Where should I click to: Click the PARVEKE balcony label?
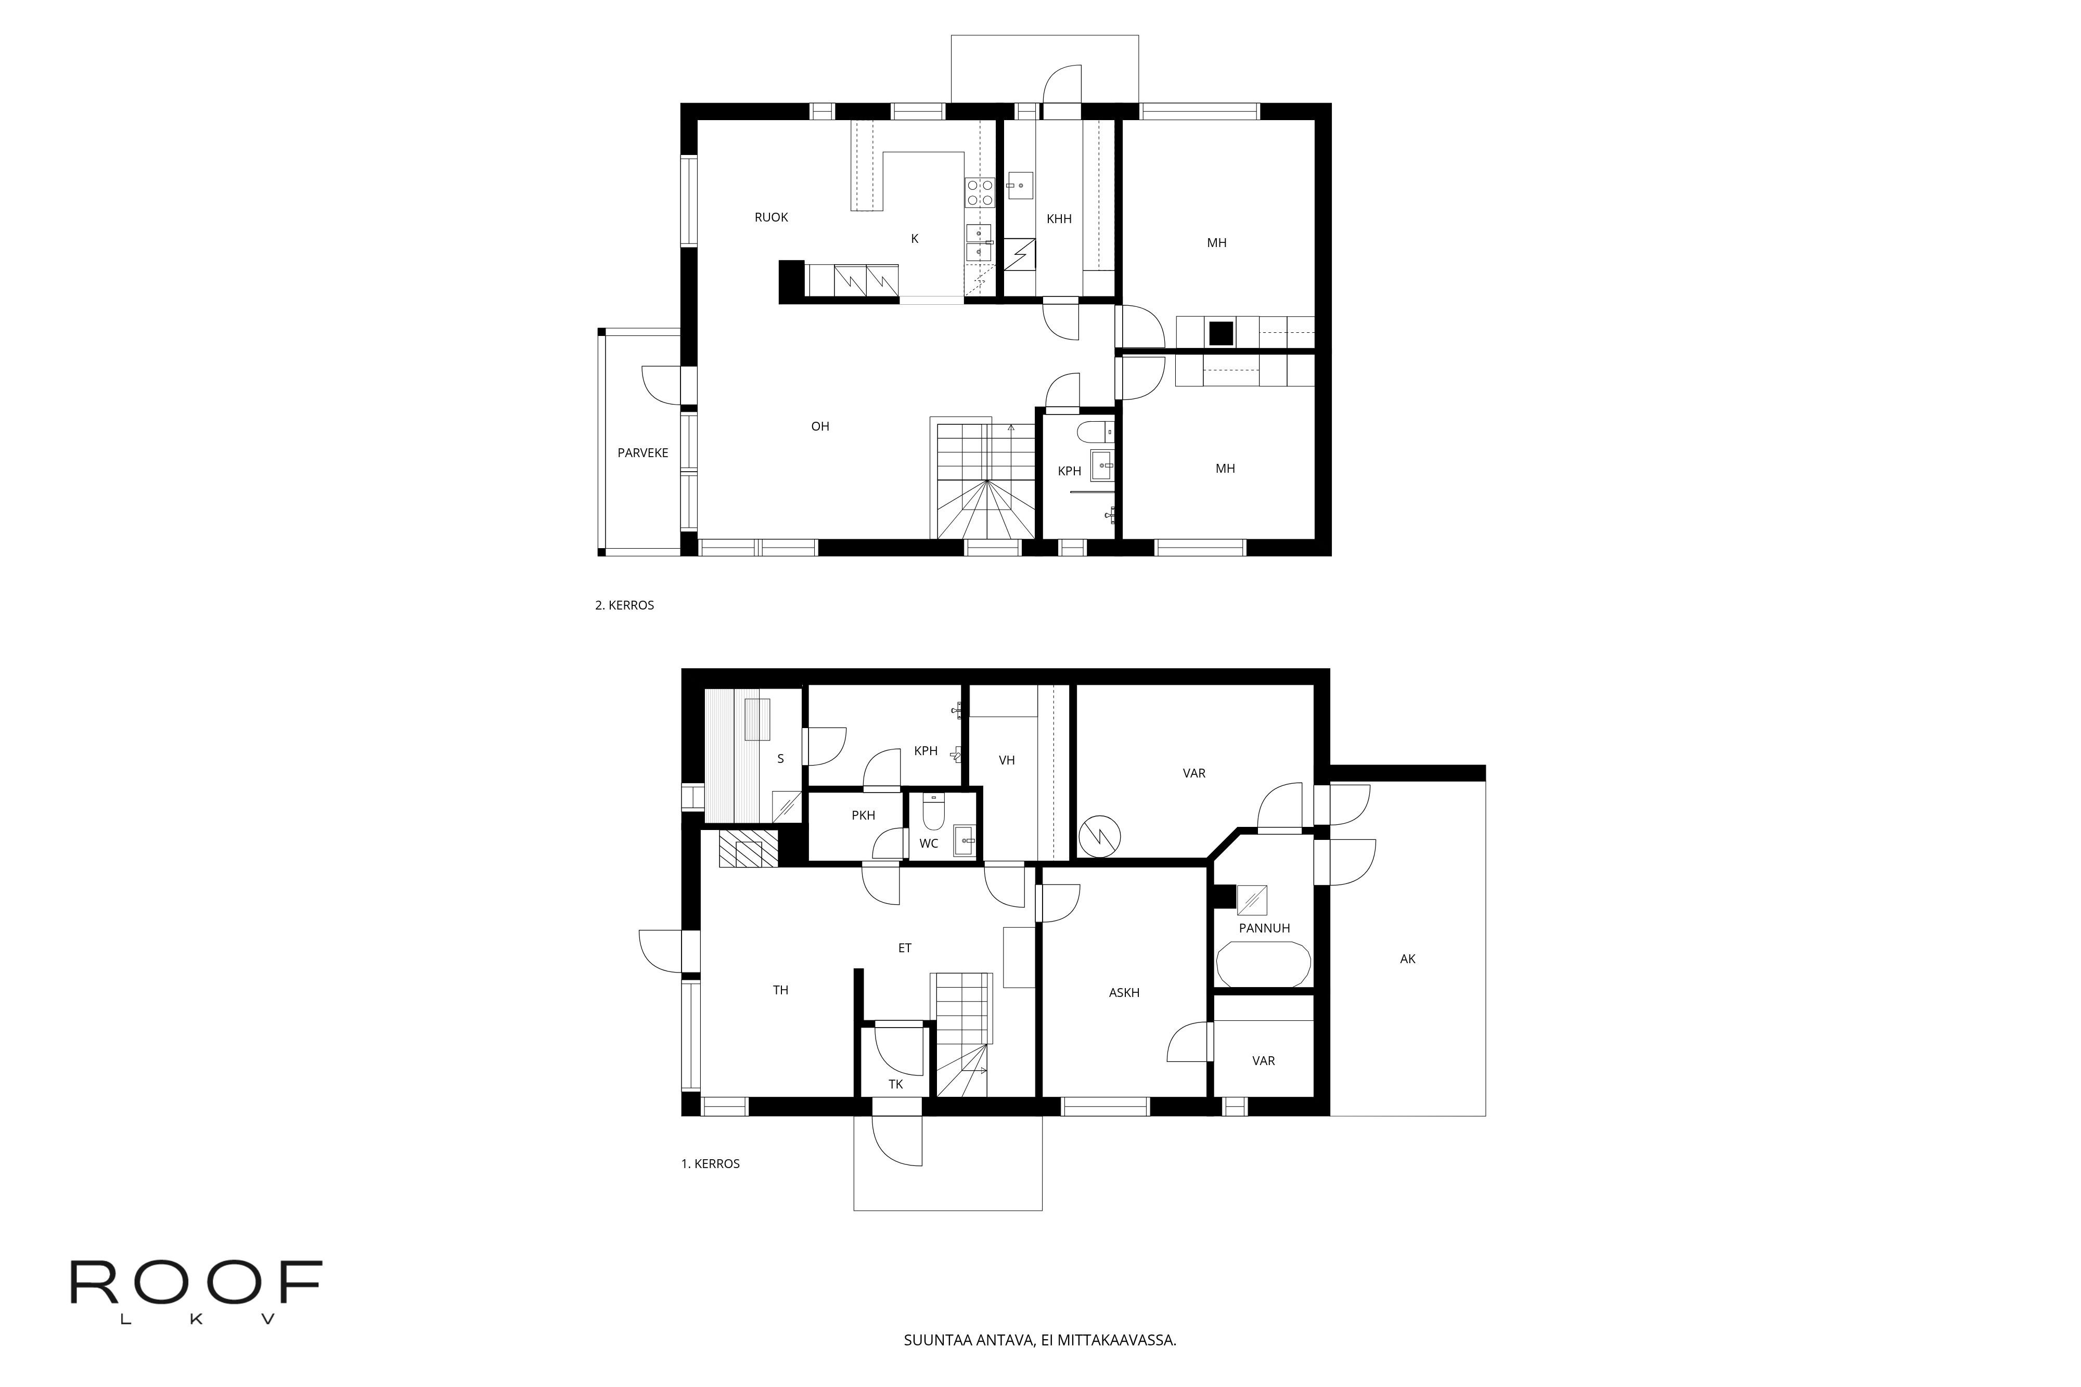(643, 453)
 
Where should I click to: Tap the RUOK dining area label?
(770, 217)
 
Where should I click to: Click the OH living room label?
(820, 426)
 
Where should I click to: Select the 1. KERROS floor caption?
(710, 1164)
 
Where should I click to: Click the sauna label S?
(780, 759)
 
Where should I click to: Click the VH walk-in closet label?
(1006, 760)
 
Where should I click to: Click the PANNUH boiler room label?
(1264, 928)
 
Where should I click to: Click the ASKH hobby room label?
(1124, 992)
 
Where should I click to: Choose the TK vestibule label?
(895, 1084)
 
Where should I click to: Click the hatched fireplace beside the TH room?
(749, 849)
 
